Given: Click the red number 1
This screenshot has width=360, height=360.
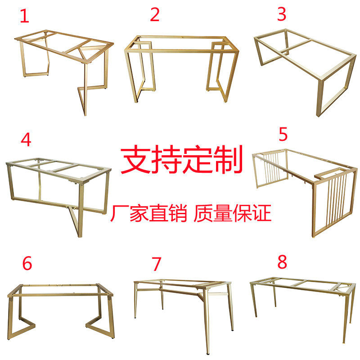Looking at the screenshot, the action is click(x=25, y=16).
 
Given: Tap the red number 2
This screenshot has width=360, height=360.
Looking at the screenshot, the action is click(x=154, y=14).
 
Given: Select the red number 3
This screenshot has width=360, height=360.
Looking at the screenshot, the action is click(x=282, y=14).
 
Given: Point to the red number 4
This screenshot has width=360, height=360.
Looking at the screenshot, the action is click(x=26, y=139).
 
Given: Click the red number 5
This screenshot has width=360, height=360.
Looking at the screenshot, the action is click(x=283, y=134).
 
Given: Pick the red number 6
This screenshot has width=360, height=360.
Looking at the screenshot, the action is click(x=27, y=263).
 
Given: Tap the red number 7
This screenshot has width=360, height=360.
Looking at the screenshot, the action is click(x=156, y=264).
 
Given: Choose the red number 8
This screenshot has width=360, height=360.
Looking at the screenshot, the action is click(x=282, y=262).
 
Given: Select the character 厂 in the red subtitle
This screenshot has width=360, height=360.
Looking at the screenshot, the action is click(x=119, y=213).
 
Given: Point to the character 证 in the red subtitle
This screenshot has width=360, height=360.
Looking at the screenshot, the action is click(x=262, y=213).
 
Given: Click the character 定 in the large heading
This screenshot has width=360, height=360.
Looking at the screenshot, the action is click(x=197, y=159).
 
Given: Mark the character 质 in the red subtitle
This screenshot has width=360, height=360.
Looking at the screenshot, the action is click(x=203, y=213).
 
